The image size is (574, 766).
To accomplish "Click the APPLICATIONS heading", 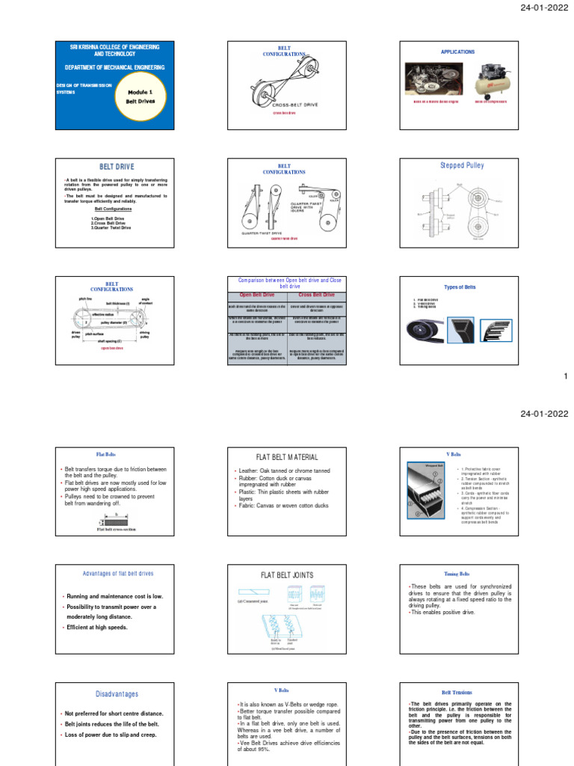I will [x=457, y=52].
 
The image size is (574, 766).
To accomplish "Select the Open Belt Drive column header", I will [x=256, y=295].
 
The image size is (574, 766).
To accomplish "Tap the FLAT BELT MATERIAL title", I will [x=287, y=457].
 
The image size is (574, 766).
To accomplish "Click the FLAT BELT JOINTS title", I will [x=287, y=574].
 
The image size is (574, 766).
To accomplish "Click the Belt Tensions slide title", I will [x=457, y=693].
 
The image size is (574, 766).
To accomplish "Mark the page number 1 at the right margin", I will [x=566, y=376].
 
